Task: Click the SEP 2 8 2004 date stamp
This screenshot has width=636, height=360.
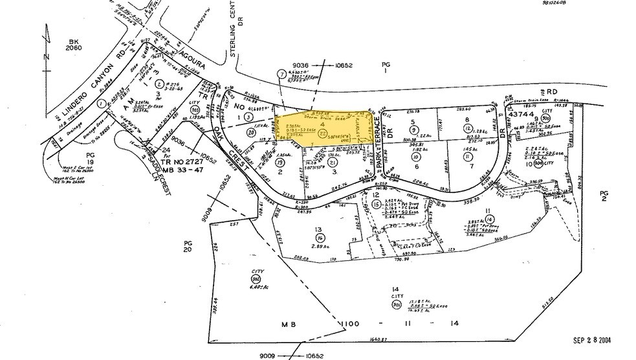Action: pos(592,340)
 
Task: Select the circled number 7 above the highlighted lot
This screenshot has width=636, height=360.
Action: pos(281,74)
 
